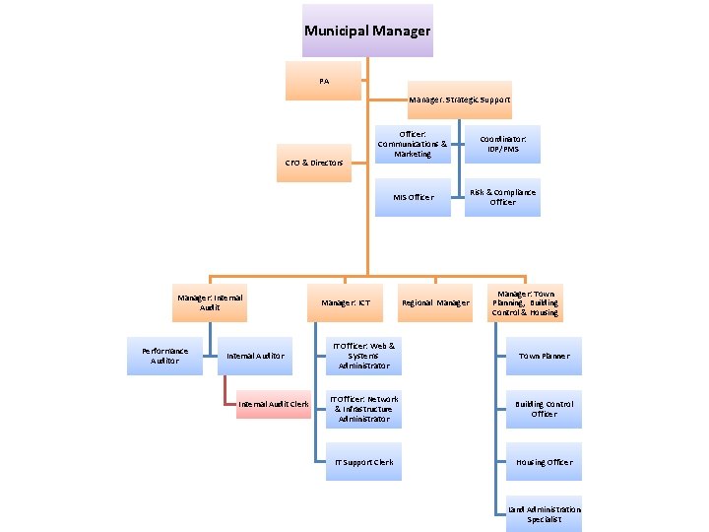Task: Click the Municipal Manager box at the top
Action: pos(366,31)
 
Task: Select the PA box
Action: pos(324,81)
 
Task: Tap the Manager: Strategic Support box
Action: pos(460,100)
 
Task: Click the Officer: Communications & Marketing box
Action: pos(413,144)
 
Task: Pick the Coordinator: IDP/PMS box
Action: pos(502,144)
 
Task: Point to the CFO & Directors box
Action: pos(314,162)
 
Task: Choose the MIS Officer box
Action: pos(413,197)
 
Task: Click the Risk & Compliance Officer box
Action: pos(502,197)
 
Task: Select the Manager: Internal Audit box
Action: pos(210,302)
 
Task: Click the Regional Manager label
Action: pos(434,302)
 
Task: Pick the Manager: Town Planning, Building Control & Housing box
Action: pos(525,302)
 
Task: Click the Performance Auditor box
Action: pos(165,356)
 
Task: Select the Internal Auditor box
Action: pos(255,356)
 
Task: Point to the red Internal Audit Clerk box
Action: pos(273,404)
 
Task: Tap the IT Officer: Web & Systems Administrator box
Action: pos(363,356)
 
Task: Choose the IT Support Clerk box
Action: pos(363,462)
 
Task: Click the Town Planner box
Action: pos(544,356)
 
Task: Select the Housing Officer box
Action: pos(544,462)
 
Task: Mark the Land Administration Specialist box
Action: pos(544,514)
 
